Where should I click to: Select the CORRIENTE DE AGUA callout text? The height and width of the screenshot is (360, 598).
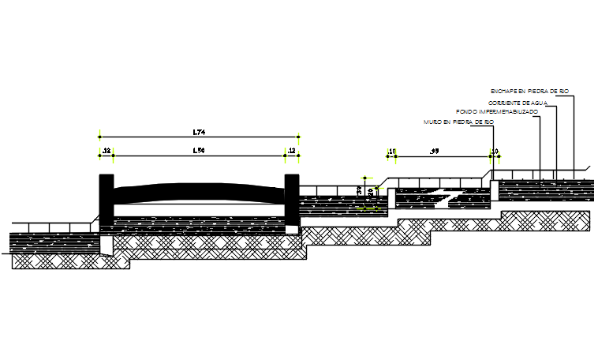[x=517, y=103]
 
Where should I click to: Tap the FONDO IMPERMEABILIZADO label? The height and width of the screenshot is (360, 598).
[x=497, y=112]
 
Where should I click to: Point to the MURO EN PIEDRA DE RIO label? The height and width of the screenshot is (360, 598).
[x=458, y=122]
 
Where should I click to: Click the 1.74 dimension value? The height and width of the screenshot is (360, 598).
[x=198, y=131]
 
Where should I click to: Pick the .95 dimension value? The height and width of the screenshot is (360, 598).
[x=434, y=149]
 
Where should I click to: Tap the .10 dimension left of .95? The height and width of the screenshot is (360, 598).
[x=391, y=149]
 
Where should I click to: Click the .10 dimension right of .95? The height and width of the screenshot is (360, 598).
[x=495, y=149]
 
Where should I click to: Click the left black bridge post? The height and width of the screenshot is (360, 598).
[x=106, y=204]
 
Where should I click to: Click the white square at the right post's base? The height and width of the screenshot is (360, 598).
[x=293, y=229]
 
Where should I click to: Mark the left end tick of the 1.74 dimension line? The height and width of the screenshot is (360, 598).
[x=99, y=137]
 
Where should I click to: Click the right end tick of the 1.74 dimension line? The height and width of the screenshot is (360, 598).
[x=298, y=137]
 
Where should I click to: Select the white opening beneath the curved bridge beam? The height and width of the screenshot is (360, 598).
[x=198, y=210]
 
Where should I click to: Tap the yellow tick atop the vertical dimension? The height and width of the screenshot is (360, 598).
[x=364, y=178]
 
